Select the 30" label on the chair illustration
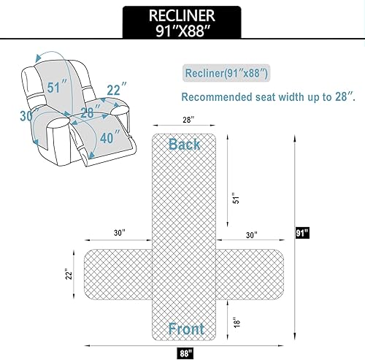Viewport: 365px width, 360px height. point(27,115)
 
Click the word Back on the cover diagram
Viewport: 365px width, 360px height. point(185,144)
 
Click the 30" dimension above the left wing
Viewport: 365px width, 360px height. point(119,234)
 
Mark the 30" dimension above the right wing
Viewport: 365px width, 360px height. point(252,234)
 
